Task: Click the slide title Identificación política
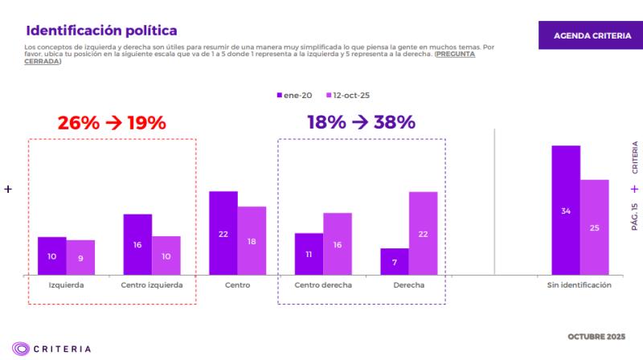(101, 31)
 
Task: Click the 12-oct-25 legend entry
(347, 96)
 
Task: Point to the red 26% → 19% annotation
(111, 123)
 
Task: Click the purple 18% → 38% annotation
(361, 123)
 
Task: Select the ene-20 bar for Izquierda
(51, 256)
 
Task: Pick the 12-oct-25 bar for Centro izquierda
(166, 256)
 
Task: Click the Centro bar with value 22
(223, 233)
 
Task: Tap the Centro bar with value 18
(252, 241)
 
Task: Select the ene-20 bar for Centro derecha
(309, 254)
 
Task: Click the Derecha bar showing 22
(423, 233)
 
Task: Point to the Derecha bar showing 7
(394, 262)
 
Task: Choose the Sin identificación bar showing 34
(565, 211)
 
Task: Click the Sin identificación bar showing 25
(594, 227)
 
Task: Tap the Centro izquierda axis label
(152, 285)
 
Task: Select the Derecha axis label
(408, 285)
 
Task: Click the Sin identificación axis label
(580, 285)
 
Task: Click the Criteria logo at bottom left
(51, 349)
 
